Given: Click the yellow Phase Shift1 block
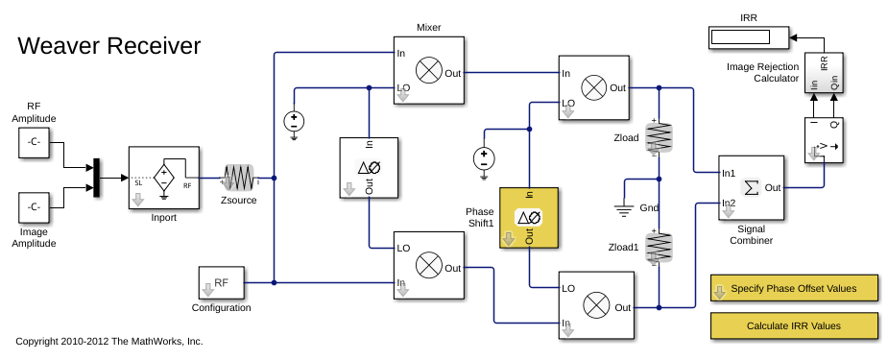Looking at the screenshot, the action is [529, 218].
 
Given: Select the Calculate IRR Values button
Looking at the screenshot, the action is [793, 325].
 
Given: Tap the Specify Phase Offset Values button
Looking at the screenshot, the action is [793, 289].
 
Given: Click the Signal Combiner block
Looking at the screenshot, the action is [751, 188].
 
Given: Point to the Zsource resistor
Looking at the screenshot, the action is [239, 178].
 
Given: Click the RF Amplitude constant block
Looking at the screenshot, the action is [34, 142].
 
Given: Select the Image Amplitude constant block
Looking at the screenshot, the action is [34, 207].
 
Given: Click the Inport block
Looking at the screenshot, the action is [164, 178].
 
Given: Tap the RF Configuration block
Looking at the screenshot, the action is [221, 283].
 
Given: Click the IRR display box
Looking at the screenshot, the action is [748, 37].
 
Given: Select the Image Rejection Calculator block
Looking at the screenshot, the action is [824, 73].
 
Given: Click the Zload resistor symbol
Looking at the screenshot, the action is [659, 138].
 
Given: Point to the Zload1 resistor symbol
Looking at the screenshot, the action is [659, 247].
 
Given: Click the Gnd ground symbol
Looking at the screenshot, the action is [624, 211].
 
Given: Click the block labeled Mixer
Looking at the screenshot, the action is [429, 70].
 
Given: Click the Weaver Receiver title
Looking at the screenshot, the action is [109, 46].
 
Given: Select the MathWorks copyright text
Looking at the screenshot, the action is [109, 341].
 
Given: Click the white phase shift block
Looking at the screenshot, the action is [369, 168].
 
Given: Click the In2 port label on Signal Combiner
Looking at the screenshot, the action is [728, 203].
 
